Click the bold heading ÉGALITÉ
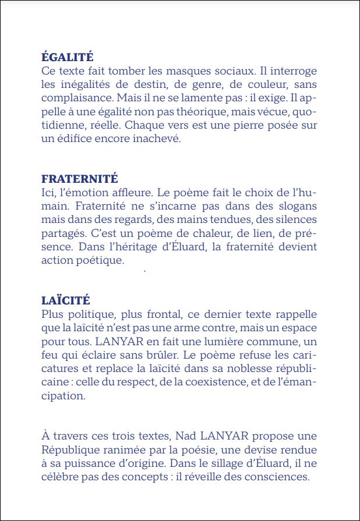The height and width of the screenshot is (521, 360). pyautogui.click(x=68, y=57)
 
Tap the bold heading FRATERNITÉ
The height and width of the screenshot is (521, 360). pyautogui.click(x=80, y=179)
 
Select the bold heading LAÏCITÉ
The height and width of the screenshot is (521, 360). pyautogui.click(x=66, y=300)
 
